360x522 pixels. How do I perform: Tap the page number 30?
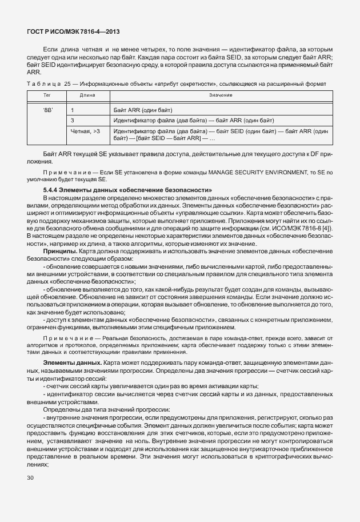[x=30, y=478]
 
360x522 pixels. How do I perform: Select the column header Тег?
[x=47, y=95]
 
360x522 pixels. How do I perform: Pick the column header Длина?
[x=87, y=95]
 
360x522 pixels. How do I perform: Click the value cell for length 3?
[x=194, y=120]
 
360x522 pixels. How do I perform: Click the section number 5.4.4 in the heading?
[x=51, y=189]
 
